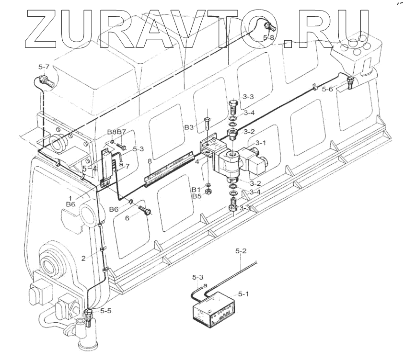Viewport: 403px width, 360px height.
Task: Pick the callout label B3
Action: point(189,127)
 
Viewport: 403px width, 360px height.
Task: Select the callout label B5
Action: point(197,196)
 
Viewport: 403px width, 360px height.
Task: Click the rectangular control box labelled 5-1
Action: point(213,308)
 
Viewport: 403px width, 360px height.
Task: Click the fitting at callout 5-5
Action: point(89,316)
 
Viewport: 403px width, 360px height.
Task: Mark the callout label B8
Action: point(111,132)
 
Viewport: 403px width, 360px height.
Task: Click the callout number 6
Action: point(128,217)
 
